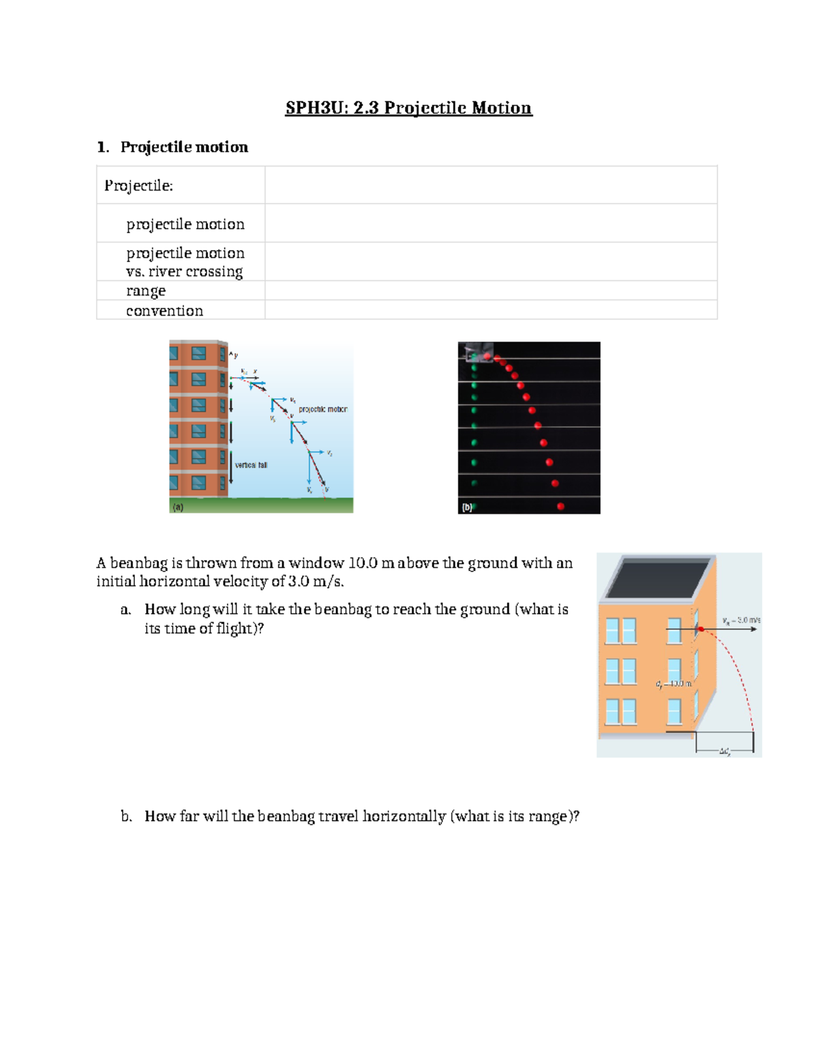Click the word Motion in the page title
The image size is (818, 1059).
[x=501, y=108]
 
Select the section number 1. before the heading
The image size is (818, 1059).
[x=103, y=147]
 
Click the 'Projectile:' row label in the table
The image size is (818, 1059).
[x=138, y=185]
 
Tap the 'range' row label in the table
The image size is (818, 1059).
[x=146, y=290]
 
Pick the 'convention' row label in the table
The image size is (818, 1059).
[x=164, y=311]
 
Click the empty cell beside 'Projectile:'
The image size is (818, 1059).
[x=491, y=185]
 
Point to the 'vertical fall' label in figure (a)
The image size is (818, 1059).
[x=251, y=465]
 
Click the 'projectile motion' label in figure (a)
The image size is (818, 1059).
[x=322, y=409]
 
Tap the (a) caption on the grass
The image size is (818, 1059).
[x=178, y=507]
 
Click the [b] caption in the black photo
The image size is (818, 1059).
[x=467, y=507]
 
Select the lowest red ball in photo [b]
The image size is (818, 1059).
[x=560, y=506]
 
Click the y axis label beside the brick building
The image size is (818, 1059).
[x=236, y=355]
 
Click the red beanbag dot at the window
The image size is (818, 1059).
[x=701, y=629]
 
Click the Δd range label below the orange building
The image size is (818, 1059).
[x=725, y=751]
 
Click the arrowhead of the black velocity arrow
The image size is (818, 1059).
[x=753, y=629]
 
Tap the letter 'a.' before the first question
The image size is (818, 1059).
[x=125, y=610]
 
